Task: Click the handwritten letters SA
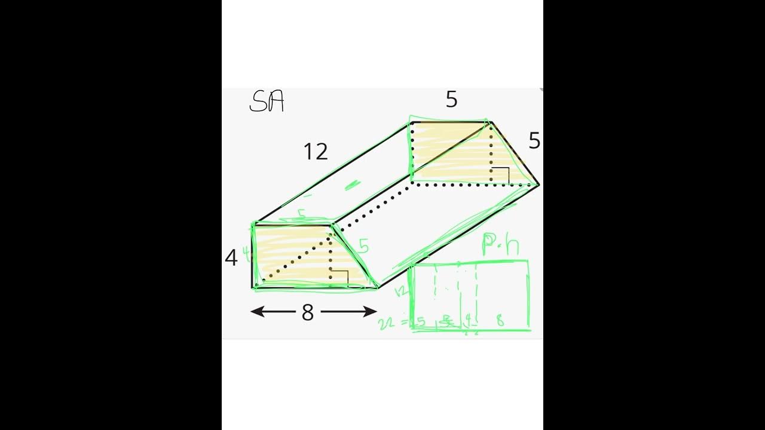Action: click(266, 102)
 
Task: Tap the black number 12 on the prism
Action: click(316, 152)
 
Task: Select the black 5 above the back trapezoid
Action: click(452, 100)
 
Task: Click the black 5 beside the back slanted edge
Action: click(534, 142)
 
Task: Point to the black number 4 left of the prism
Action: click(231, 258)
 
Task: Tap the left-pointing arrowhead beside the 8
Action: click(256, 311)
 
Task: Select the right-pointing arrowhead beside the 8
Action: click(371, 311)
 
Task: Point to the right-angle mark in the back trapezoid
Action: click(501, 175)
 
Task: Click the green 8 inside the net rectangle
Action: click(500, 321)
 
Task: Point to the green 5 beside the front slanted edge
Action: click(363, 245)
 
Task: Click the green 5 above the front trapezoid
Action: click(302, 213)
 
